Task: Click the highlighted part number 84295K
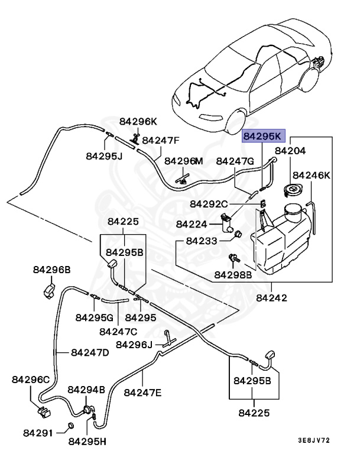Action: tap(264, 137)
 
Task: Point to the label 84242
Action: tap(271, 298)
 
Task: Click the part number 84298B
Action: tap(233, 274)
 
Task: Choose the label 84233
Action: tap(202, 241)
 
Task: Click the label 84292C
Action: tap(209, 204)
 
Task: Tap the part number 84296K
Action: tap(138, 122)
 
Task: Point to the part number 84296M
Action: tap(183, 161)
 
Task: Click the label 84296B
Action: tap(51, 270)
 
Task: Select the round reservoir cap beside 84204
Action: tap(291, 190)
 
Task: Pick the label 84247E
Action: tap(143, 392)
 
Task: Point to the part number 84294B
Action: tap(86, 390)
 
